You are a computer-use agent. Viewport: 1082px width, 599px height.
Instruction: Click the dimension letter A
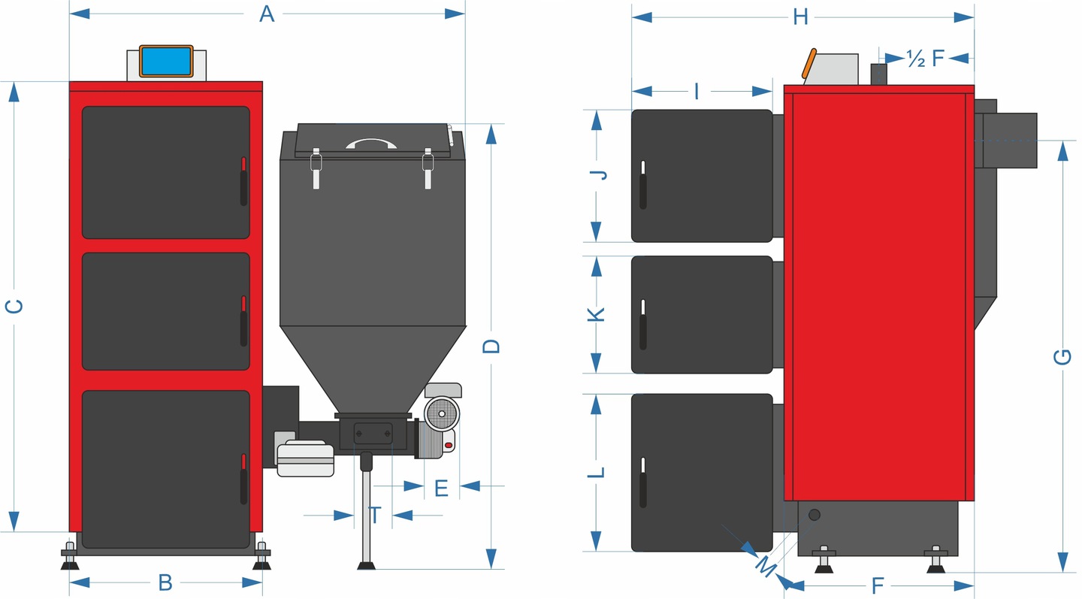[267, 14]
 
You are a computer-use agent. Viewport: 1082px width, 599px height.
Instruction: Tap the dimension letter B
[165, 582]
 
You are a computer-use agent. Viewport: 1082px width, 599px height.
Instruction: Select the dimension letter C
[14, 306]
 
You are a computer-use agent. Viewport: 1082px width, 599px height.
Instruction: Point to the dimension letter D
[491, 346]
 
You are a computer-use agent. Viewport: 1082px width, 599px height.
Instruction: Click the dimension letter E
[442, 488]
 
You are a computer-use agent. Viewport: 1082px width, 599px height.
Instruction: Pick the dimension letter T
[374, 516]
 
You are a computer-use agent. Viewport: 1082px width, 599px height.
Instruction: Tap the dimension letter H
[801, 17]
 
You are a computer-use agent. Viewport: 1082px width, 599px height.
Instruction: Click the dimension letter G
[1062, 356]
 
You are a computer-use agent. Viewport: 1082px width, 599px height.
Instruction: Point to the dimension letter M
[765, 567]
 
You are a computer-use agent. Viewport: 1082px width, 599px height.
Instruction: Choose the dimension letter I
[697, 92]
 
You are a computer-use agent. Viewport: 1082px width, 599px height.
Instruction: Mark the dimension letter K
[596, 315]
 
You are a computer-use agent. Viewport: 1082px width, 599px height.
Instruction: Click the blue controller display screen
[166, 61]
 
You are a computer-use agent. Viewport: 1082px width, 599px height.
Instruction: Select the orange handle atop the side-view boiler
[809, 63]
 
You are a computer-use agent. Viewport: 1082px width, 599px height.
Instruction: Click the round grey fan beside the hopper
[442, 413]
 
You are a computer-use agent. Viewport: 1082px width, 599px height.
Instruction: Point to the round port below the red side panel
[815, 516]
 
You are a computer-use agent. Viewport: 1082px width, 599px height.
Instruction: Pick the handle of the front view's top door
[243, 182]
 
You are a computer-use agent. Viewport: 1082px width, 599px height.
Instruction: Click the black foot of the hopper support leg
[366, 564]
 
